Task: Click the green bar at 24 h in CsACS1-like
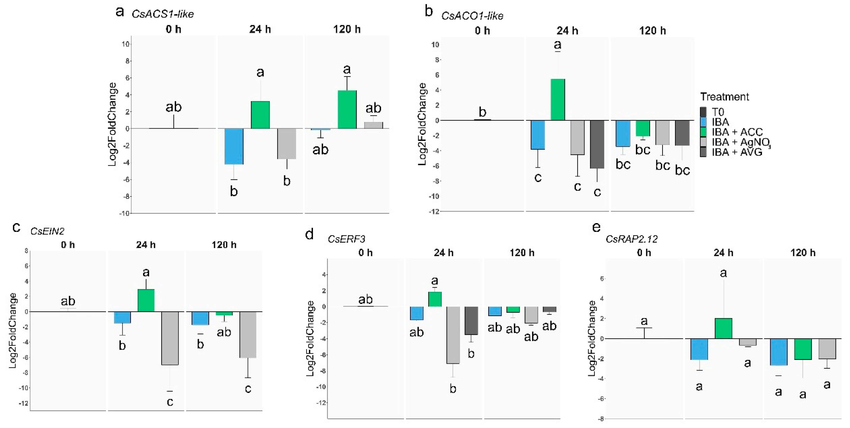(260, 115)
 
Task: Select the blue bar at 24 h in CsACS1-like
(234, 146)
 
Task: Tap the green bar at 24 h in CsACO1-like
(558, 100)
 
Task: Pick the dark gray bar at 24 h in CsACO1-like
(597, 144)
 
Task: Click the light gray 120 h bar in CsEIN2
(248, 335)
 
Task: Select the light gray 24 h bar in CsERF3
(453, 335)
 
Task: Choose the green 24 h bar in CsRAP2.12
(723, 328)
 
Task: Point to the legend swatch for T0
(703, 112)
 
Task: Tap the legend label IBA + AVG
(737, 152)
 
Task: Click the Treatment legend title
(724, 97)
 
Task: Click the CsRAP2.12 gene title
(631, 239)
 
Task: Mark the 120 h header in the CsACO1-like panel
(652, 31)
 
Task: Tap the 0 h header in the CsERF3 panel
(365, 253)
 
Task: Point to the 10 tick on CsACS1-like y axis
(125, 44)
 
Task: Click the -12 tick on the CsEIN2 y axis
(23, 403)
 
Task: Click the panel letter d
(309, 234)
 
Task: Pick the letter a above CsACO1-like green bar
(558, 44)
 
